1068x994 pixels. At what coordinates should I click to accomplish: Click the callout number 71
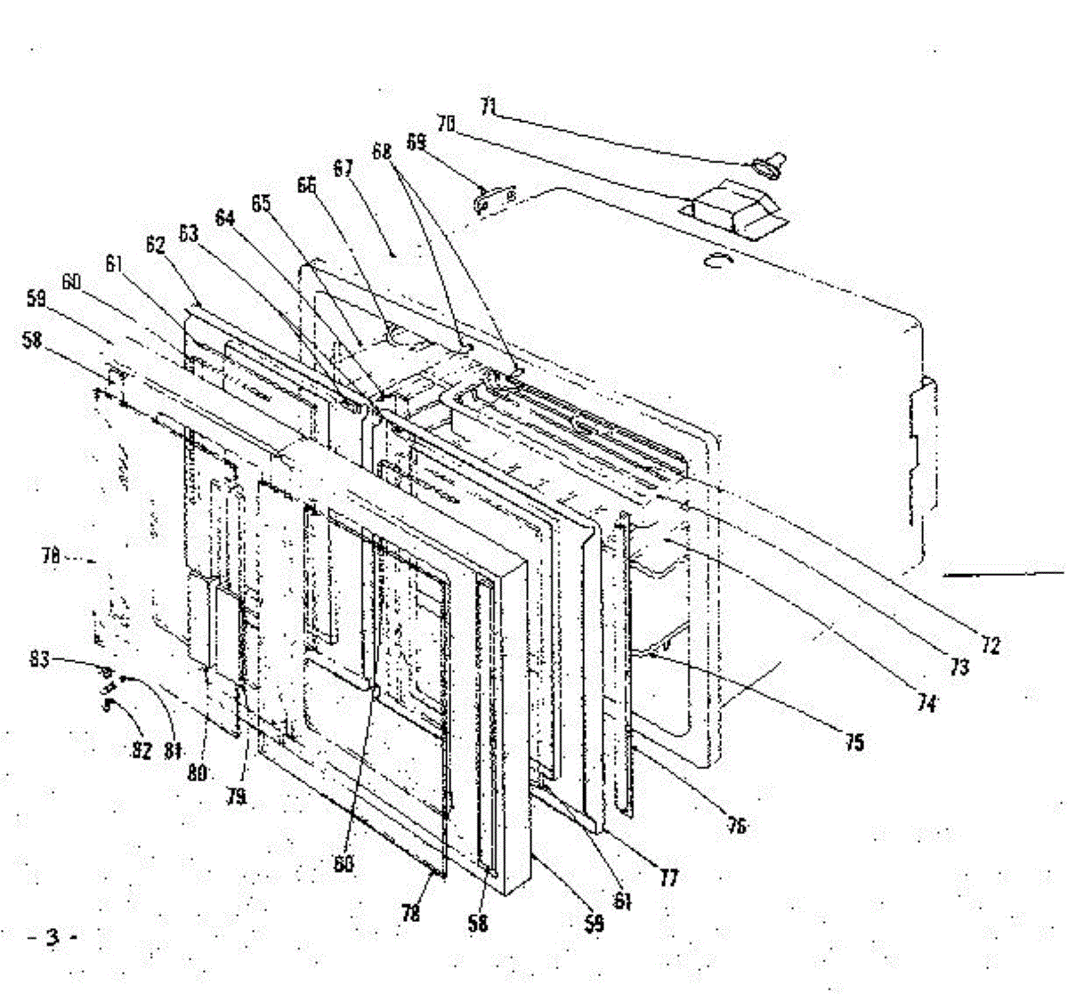click(x=487, y=107)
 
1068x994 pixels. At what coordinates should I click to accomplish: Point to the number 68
click(x=381, y=152)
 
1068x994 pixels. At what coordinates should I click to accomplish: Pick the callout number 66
click(x=306, y=185)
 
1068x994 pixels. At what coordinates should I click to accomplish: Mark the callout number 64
click(x=225, y=217)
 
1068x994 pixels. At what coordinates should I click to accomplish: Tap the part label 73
click(x=959, y=667)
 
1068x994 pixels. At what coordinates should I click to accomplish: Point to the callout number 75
click(x=854, y=741)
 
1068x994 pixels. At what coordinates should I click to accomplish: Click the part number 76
click(x=735, y=827)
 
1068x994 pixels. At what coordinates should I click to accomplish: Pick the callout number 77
click(x=668, y=878)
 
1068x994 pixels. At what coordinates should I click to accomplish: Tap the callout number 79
click(x=235, y=796)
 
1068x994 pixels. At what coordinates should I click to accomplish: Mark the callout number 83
click(x=38, y=659)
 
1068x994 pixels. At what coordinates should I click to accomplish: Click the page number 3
click(x=53, y=936)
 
